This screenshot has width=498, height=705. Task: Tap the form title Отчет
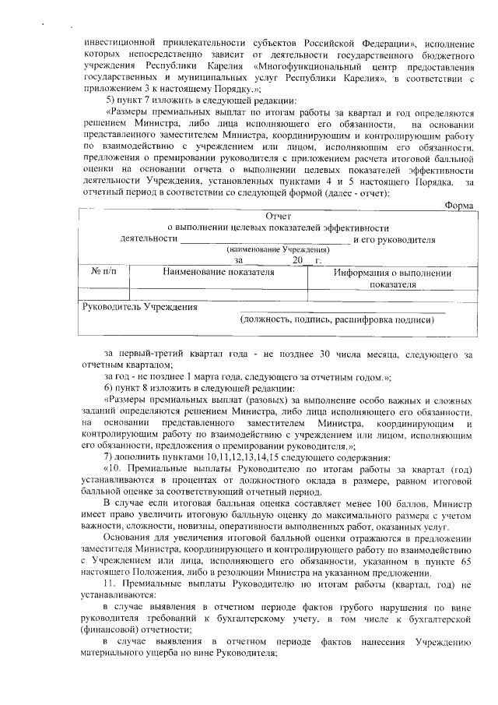pos(278,216)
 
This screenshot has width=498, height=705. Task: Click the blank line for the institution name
pos(265,240)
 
